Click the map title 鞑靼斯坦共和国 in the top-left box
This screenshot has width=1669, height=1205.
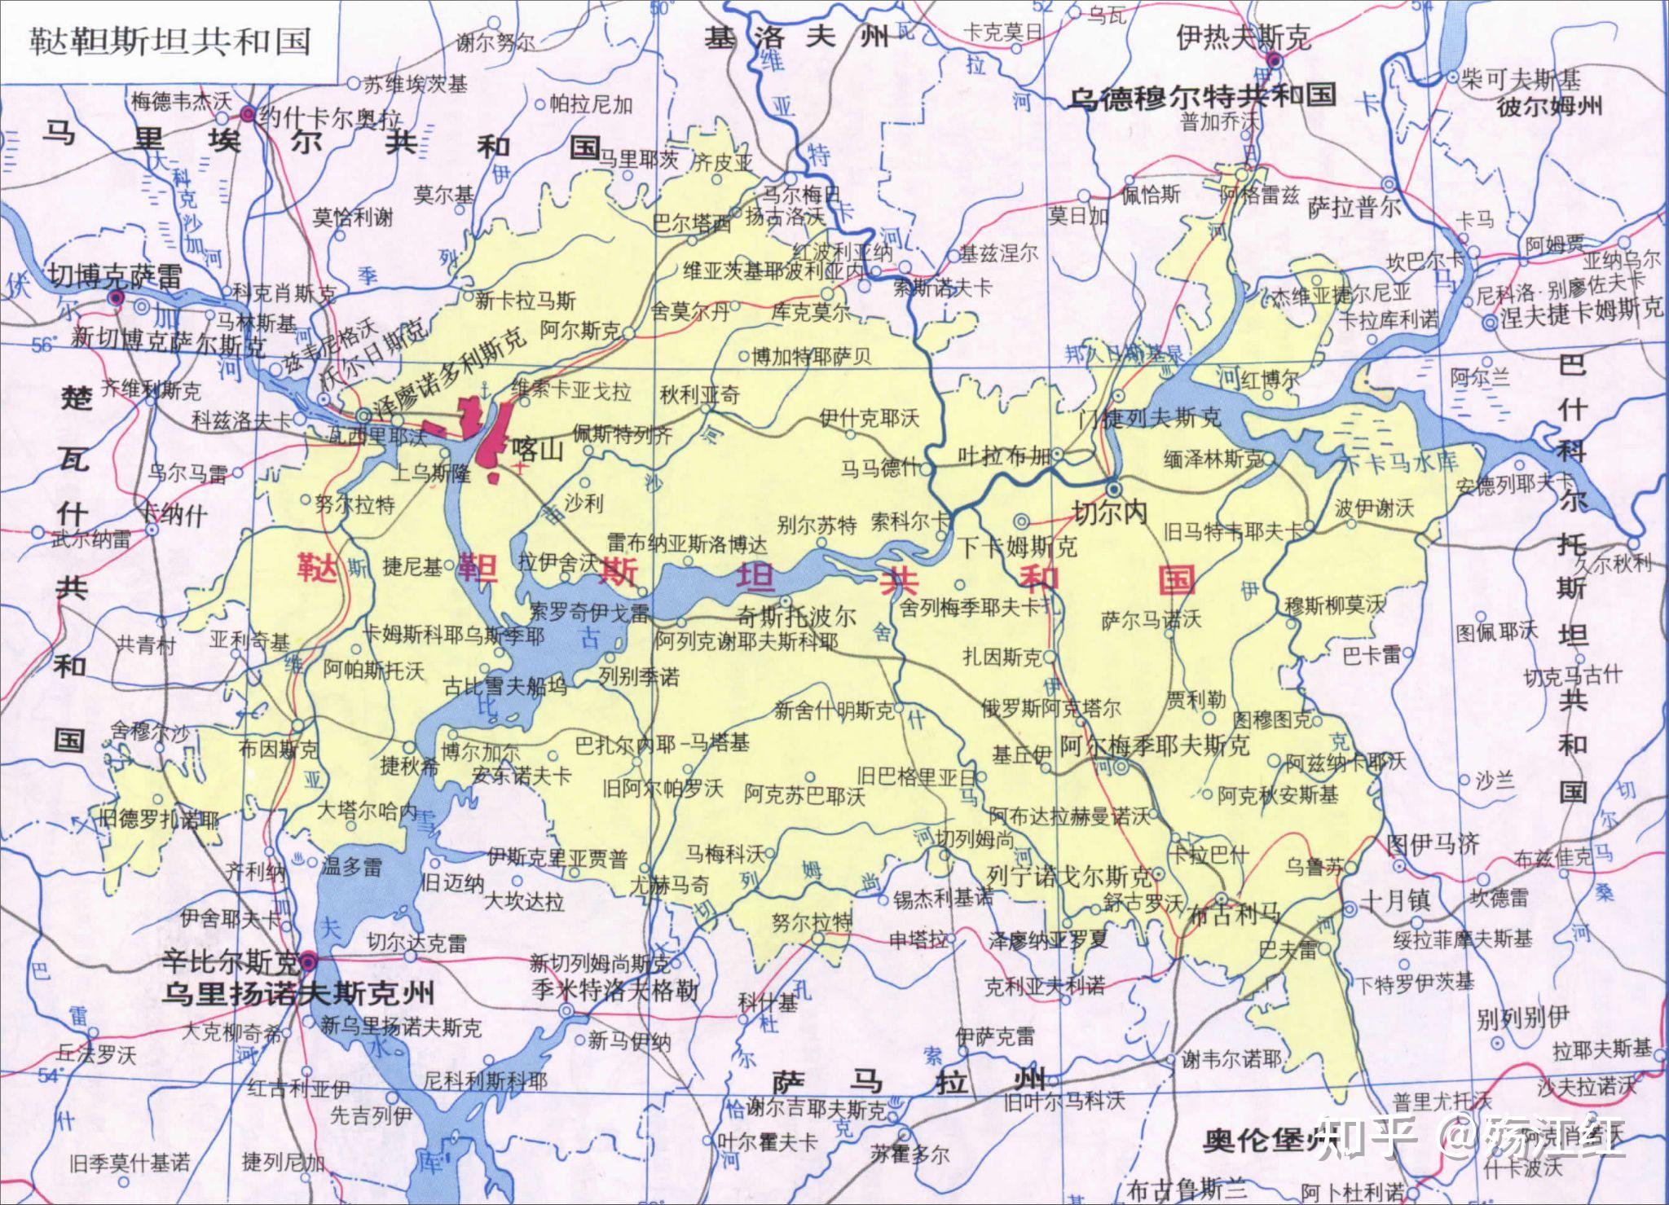170,41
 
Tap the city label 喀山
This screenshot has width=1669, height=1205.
539,449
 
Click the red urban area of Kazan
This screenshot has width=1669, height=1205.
493,440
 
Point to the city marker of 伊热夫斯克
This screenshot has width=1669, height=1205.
1274,60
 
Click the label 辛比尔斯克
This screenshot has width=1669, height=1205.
231,963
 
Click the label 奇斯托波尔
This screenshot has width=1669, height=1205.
795,616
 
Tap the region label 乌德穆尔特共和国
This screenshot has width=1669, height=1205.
1202,97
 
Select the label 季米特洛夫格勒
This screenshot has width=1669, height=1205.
614,990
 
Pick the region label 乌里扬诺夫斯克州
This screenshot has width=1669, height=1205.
297,992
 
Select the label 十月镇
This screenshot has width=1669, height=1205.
1395,899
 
